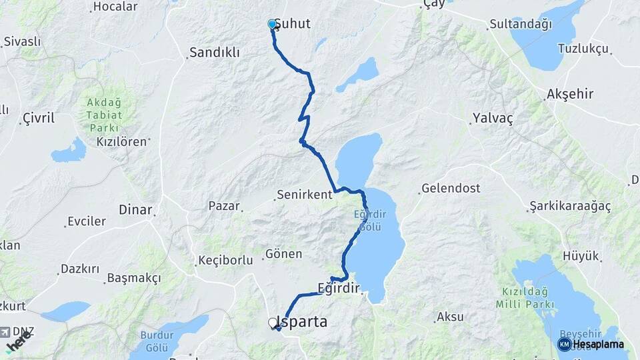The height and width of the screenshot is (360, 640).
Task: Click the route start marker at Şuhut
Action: [272, 25]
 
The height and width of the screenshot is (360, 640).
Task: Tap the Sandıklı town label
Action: [214, 53]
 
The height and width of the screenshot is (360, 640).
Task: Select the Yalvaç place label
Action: [493, 118]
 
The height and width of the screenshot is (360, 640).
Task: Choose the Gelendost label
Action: [451, 189]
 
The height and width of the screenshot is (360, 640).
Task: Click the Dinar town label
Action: [135, 209]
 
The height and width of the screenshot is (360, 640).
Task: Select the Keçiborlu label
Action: [225, 260]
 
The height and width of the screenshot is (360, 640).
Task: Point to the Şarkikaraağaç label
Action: [570, 206]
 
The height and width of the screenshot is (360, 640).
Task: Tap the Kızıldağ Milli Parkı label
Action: [525, 298]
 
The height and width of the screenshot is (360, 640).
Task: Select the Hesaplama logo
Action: [592, 344]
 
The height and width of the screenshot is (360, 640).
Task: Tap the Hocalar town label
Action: [115, 7]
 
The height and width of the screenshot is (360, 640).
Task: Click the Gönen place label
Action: [284, 254]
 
